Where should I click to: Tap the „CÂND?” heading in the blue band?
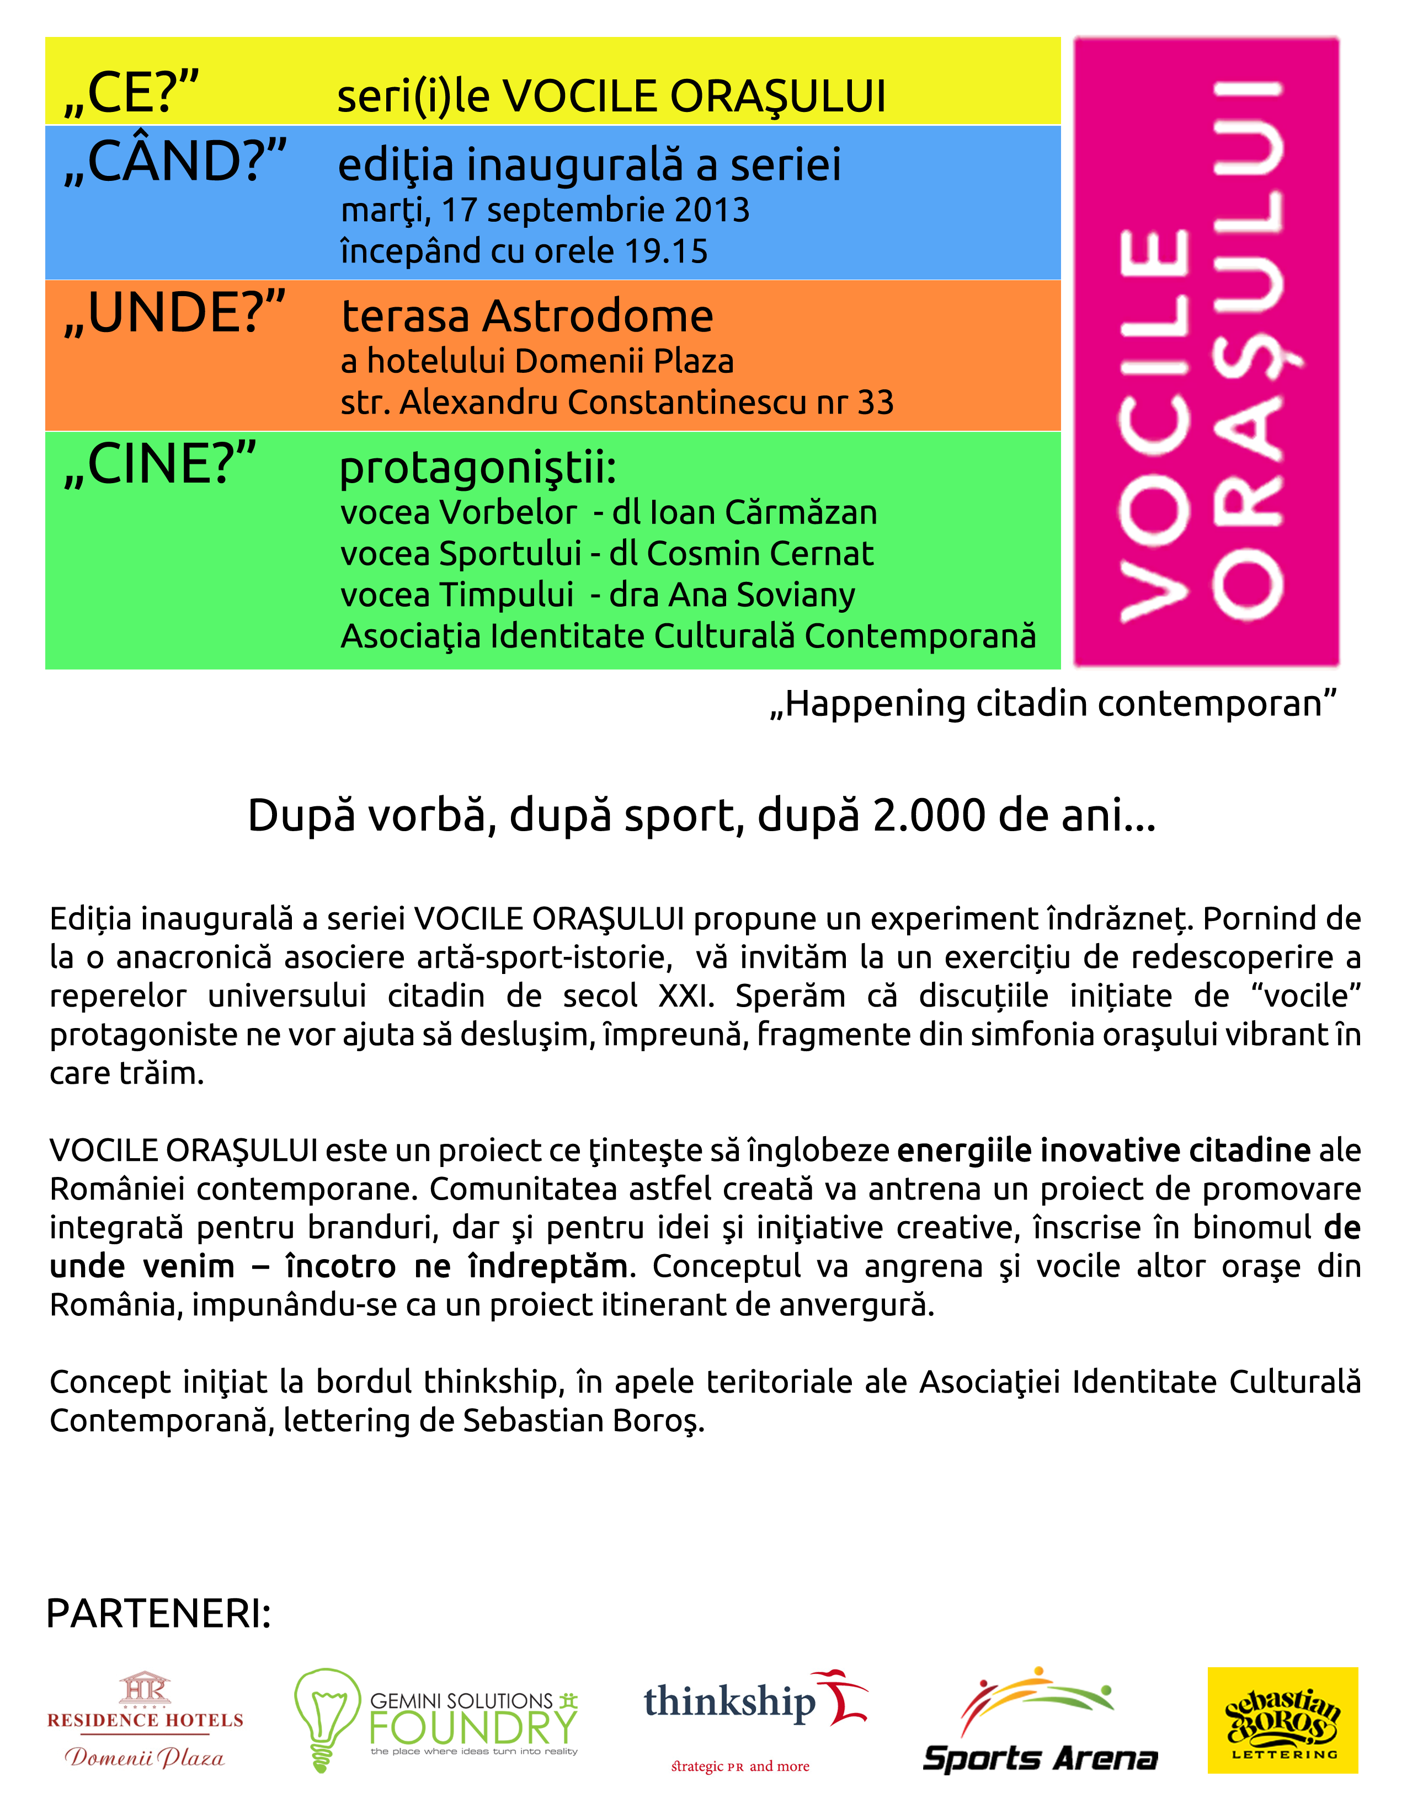click(x=175, y=161)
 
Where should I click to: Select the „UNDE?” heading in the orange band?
click(x=174, y=313)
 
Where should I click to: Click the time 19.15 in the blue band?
click(x=667, y=251)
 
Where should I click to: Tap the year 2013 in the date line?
click(x=712, y=210)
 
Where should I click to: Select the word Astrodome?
click(x=598, y=317)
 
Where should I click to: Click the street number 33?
click(x=875, y=403)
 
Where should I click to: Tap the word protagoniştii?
click(x=478, y=468)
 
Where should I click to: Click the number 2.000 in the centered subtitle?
click(x=929, y=815)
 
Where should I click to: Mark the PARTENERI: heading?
click(x=158, y=1614)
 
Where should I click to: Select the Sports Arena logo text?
click(x=1040, y=1758)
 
